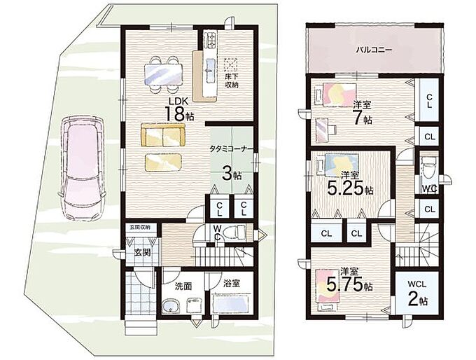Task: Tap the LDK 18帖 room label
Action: tap(178, 109)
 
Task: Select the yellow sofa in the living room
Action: tap(162, 135)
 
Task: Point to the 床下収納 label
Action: tap(231, 80)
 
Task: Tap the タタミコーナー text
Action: tap(231, 149)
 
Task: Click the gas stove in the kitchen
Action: tap(210, 39)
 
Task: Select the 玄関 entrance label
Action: tap(143, 252)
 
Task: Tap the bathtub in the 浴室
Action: tap(232, 304)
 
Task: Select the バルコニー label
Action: tap(374, 50)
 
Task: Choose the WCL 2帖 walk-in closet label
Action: tap(418, 293)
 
